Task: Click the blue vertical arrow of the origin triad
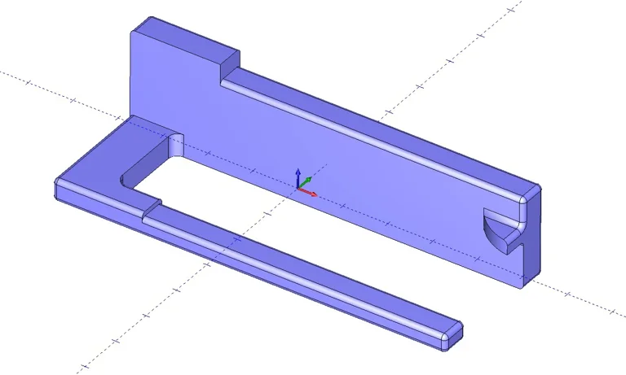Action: tap(298, 177)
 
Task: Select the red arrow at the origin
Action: tap(310, 193)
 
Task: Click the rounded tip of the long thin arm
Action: tap(452, 334)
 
